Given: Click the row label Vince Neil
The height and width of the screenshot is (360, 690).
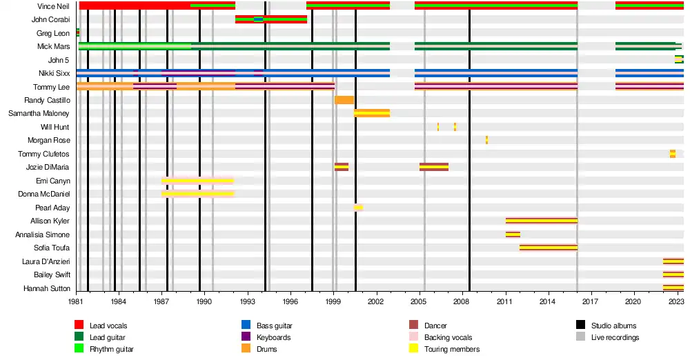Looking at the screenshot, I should point(54,6).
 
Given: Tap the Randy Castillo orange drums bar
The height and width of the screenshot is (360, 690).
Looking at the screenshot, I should point(344,100).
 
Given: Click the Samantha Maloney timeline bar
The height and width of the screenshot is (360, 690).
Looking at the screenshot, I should point(372,113).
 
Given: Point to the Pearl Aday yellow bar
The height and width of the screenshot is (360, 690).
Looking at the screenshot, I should point(358,208).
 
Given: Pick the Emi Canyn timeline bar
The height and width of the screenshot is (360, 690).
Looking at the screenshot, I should point(198,181).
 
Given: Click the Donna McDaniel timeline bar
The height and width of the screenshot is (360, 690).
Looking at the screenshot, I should point(198,194).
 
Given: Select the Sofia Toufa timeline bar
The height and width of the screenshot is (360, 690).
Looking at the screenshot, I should point(549,248).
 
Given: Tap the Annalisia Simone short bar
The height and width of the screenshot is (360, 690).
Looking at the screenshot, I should point(513,234).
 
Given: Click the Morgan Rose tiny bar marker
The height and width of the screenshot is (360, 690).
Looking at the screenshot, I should point(486,140).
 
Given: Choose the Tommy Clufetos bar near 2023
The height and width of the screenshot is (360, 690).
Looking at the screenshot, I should point(673,154).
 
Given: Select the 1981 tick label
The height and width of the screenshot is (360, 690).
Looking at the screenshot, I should point(76,301).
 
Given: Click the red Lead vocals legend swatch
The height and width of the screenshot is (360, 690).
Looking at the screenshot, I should point(80,326).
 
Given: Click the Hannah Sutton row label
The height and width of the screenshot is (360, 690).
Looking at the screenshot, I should point(46,288).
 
